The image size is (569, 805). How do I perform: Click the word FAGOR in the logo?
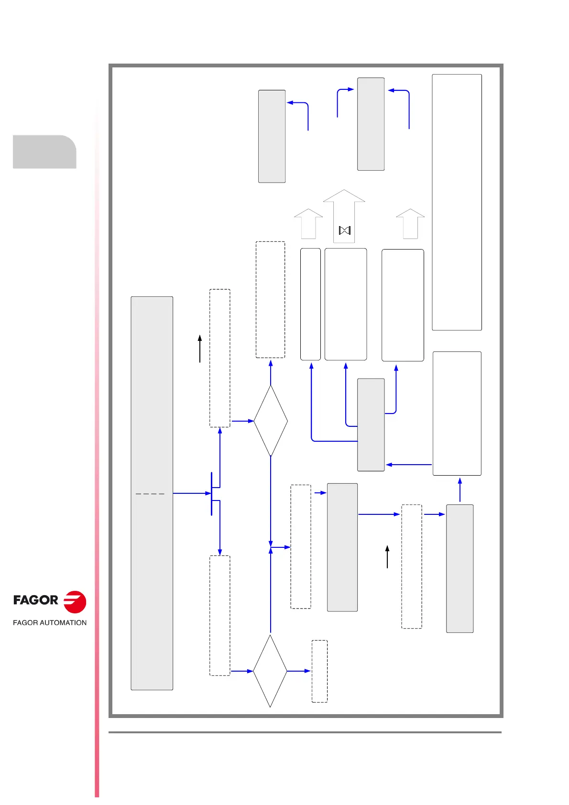(x=35, y=600)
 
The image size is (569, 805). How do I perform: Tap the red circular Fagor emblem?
(x=75, y=602)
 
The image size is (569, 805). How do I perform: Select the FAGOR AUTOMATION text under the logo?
(x=50, y=622)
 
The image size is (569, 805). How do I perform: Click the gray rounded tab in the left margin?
(x=44, y=152)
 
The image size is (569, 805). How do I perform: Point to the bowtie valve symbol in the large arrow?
(x=345, y=230)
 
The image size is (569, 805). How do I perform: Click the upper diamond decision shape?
(x=271, y=421)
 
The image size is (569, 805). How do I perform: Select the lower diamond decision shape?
(x=270, y=671)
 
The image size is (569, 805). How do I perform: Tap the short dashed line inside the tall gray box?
(x=150, y=493)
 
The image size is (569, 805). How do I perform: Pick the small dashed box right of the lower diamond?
(x=319, y=671)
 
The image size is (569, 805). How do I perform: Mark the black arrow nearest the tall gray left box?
(x=200, y=348)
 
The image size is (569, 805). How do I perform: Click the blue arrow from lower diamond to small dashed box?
(x=299, y=671)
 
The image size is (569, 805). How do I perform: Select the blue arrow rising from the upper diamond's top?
(x=271, y=373)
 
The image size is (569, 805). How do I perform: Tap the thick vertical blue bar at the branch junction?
(x=211, y=493)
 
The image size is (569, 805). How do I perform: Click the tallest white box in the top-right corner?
(x=457, y=202)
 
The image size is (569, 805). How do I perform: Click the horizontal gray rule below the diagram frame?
(x=305, y=732)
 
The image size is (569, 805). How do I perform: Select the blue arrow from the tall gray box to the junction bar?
(x=191, y=493)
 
